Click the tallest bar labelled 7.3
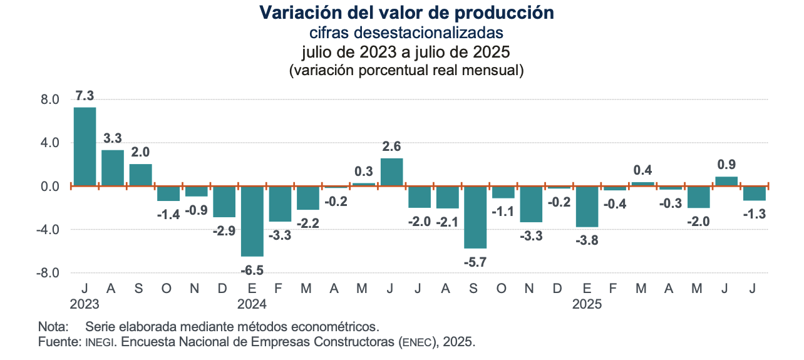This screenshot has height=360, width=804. click(85, 147)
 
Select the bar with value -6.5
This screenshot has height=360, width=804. click(252, 221)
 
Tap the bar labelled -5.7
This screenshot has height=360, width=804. click(475, 217)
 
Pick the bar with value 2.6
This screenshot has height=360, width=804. click(391, 172)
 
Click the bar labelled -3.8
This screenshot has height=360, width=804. click(587, 207)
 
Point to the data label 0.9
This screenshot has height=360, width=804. click(726, 165)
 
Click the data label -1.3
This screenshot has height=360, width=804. click(755, 213)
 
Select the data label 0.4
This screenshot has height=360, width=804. click(642, 170)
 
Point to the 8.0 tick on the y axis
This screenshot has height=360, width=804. click(50, 100)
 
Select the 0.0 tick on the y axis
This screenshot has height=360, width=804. click(50, 187)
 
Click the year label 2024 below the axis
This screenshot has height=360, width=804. click(252, 305)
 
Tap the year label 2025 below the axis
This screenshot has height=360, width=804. click(587, 305)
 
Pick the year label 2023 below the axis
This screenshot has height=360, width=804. click(85, 305)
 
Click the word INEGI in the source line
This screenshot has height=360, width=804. click(98, 343)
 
